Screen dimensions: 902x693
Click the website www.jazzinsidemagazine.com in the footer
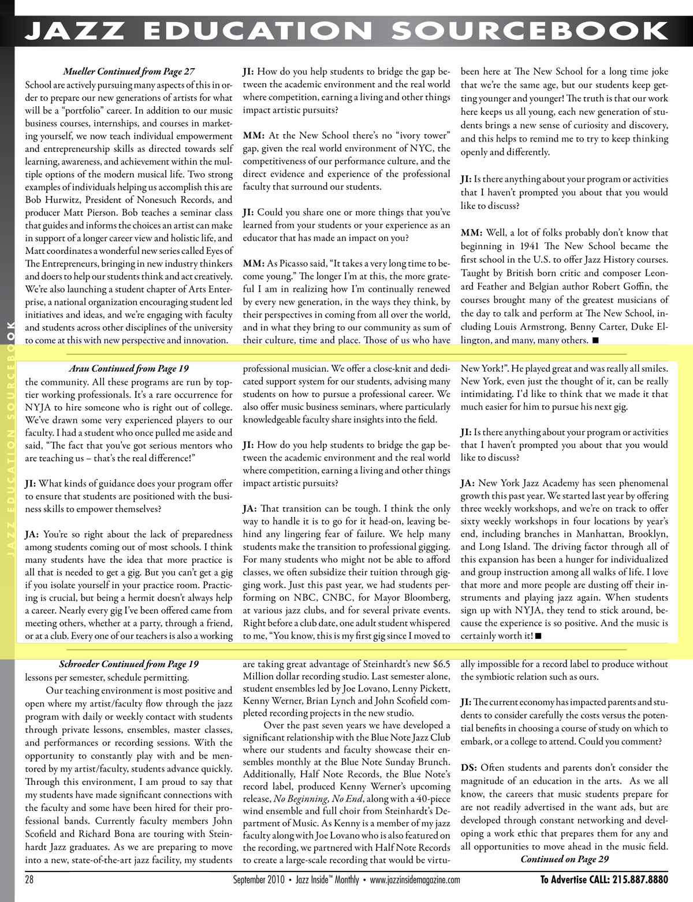click(415, 880)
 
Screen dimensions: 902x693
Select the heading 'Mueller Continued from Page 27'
click(128, 72)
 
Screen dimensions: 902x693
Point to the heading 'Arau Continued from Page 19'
click(128, 368)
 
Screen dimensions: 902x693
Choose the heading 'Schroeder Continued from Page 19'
click(128, 664)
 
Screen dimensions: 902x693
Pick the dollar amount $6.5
click(441, 664)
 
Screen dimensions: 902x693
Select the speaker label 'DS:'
click(468, 768)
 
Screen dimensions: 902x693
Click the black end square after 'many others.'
click(595, 340)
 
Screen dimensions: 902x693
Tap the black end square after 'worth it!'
click(538, 636)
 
